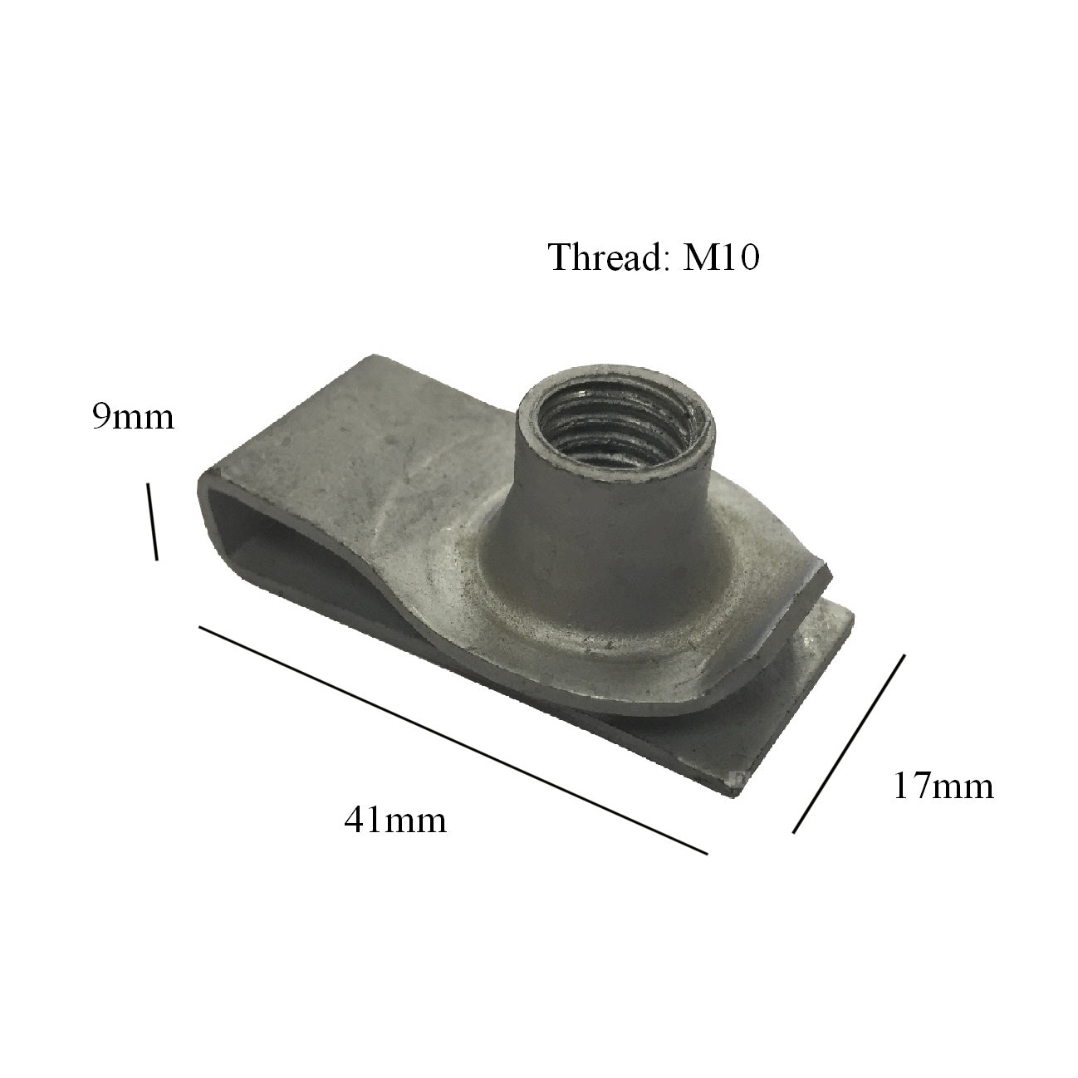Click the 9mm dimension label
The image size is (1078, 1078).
(x=133, y=416)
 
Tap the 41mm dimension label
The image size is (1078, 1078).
(x=395, y=820)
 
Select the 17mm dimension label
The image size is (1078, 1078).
(x=943, y=785)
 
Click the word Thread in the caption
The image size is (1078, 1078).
(x=604, y=258)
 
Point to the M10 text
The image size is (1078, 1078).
(x=721, y=258)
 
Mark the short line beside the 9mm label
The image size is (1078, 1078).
(x=153, y=522)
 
